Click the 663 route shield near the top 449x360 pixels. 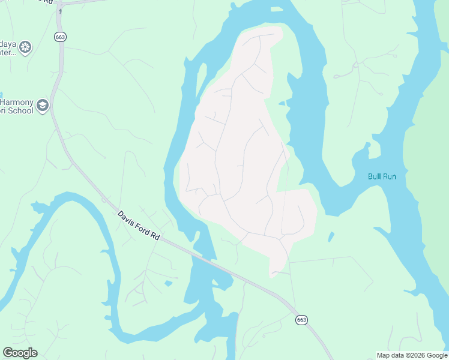[x=59, y=37]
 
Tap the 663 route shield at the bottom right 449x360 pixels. [x=301, y=320]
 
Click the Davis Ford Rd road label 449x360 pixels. [x=139, y=226]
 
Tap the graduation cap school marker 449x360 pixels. [x=42, y=106]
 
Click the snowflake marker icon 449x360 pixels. [x=25, y=47]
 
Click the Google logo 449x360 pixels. [x=20, y=352]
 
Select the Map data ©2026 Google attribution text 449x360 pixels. [x=411, y=355]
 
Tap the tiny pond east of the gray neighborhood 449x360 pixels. [x=331, y=236]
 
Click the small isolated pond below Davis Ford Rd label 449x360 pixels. [x=169, y=283]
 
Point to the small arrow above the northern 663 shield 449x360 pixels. [x=60, y=11]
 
